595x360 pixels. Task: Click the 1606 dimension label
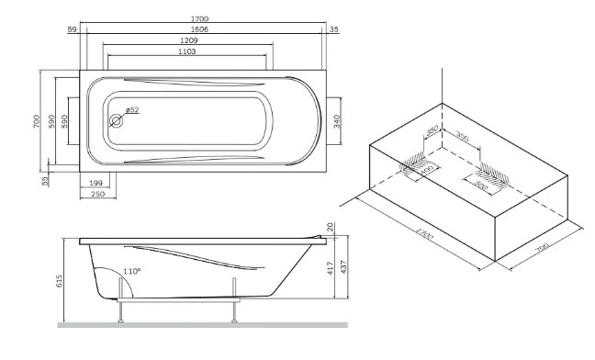(x=199, y=29)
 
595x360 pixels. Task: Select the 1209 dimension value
(x=188, y=40)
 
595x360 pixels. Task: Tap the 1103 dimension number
(x=187, y=51)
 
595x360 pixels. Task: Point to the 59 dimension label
(x=72, y=29)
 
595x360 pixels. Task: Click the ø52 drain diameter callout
(x=132, y=110)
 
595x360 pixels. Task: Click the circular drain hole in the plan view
(x=116, y=121)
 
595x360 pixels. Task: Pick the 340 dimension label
(x=337, y=121)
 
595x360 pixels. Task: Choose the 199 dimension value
(x=96, y=183)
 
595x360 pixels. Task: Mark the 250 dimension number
(x=98, y=194)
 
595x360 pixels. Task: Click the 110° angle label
(x=131, y=271)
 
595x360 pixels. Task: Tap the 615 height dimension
(x=59, y=281)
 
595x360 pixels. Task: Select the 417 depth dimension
(x=330, y=268)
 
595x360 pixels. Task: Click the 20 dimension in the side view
(x=331, y=227)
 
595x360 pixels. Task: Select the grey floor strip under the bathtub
(x=202, y=325)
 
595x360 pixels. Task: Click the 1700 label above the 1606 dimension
(x=199, y=18)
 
